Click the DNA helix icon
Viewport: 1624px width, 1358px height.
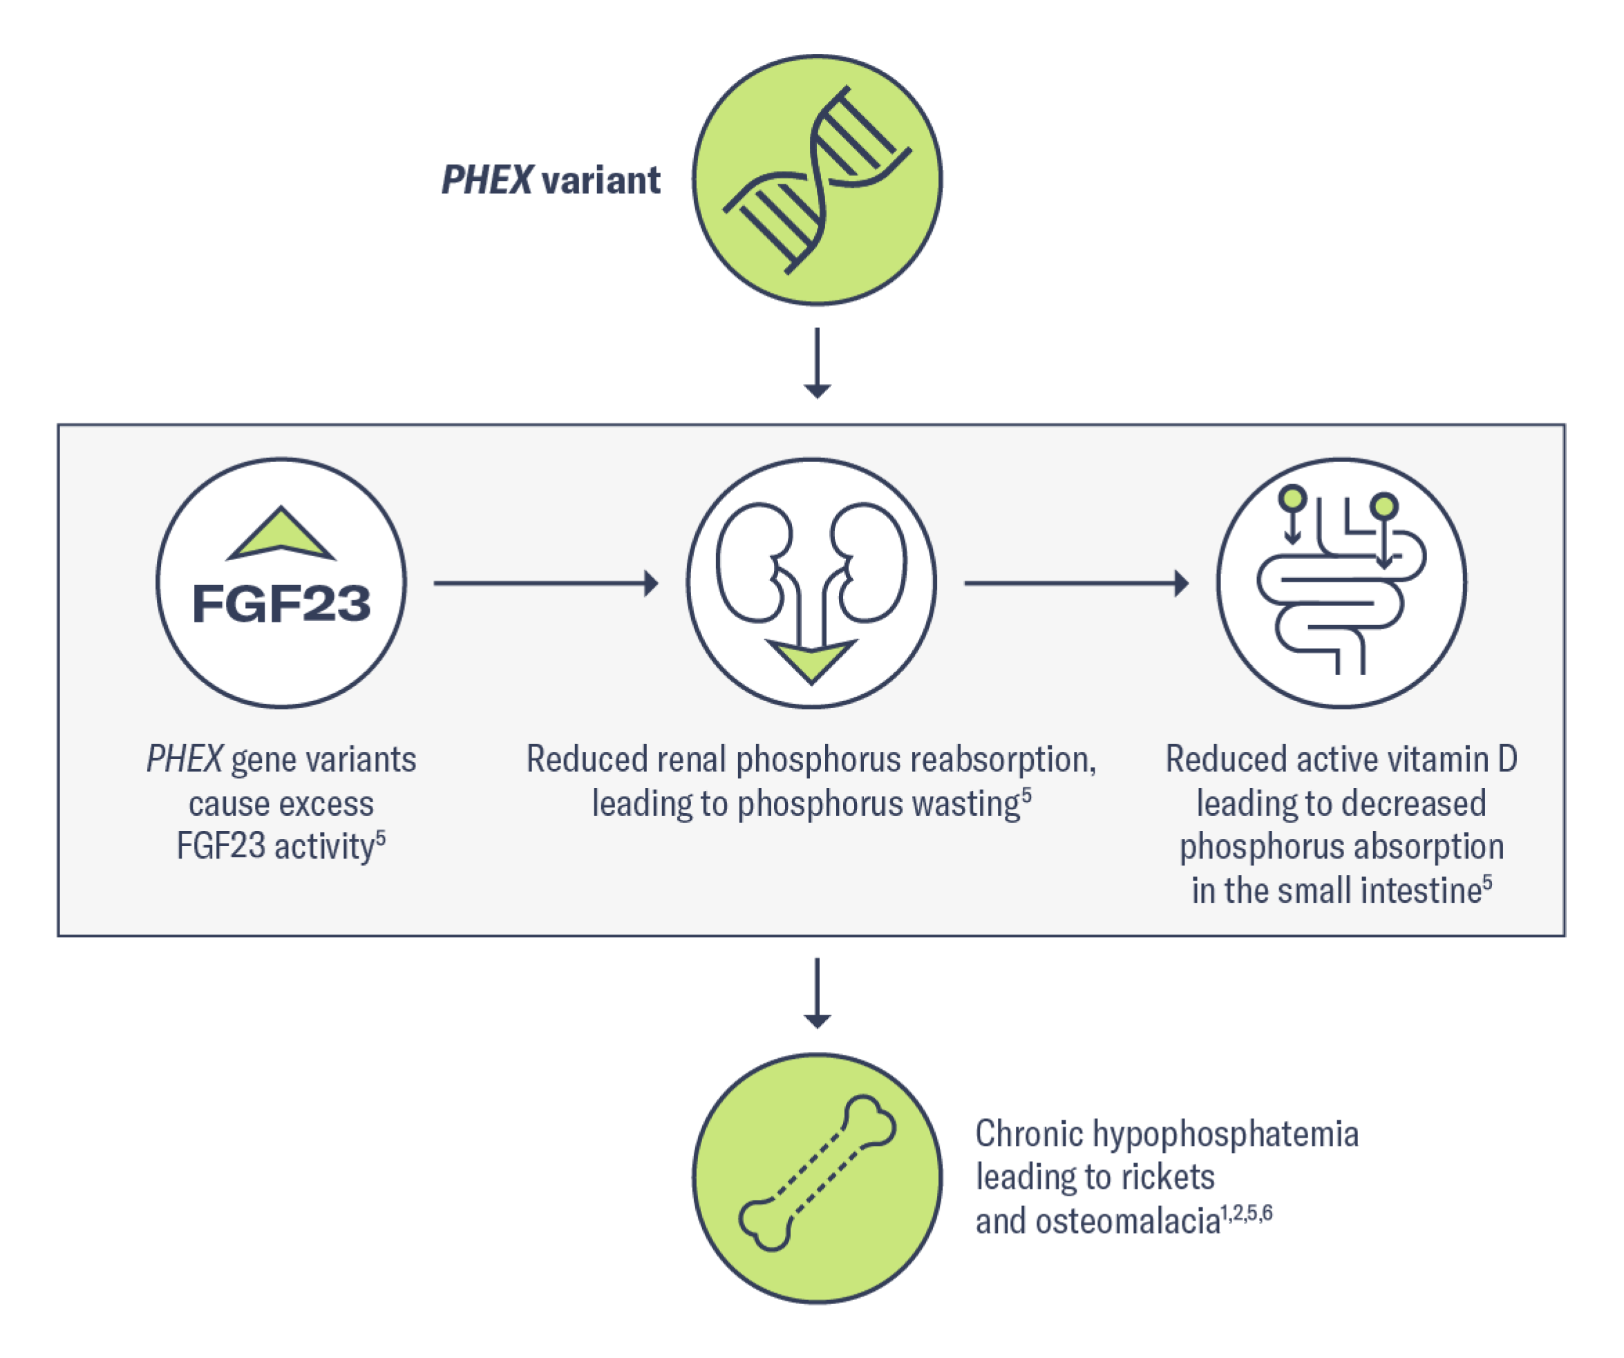coord(817,180)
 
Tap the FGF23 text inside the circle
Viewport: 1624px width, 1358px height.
coord(281,604)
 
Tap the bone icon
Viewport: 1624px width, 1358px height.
coord(817,1174)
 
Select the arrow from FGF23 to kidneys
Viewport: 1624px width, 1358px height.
coord(545,584)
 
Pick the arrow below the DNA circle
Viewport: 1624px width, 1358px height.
coord(818,363)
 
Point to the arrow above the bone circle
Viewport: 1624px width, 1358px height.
coord(818,993)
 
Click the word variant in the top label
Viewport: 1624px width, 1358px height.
coord(601,181)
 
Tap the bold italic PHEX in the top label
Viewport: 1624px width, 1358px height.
coord(487,181)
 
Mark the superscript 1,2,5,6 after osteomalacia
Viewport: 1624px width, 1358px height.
coord(1246,1213)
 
